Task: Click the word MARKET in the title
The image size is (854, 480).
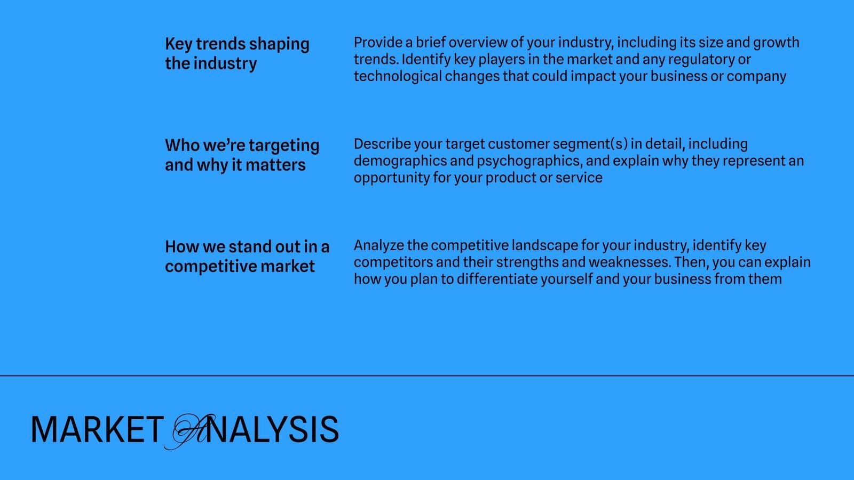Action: click(97, 430)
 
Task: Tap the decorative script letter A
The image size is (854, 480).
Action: click(190, 431)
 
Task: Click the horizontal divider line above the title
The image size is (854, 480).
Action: click(427, 375)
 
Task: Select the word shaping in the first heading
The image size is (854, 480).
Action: click(279, 45)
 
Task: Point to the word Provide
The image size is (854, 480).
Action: click(378, 42)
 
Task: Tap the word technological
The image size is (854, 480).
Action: click(398, 77)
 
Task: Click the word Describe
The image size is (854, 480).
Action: click(382, 144)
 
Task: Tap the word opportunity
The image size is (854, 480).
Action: click(392, 179)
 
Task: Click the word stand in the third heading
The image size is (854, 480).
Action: click(250, 247)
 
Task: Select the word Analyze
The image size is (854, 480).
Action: click(378, 246)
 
